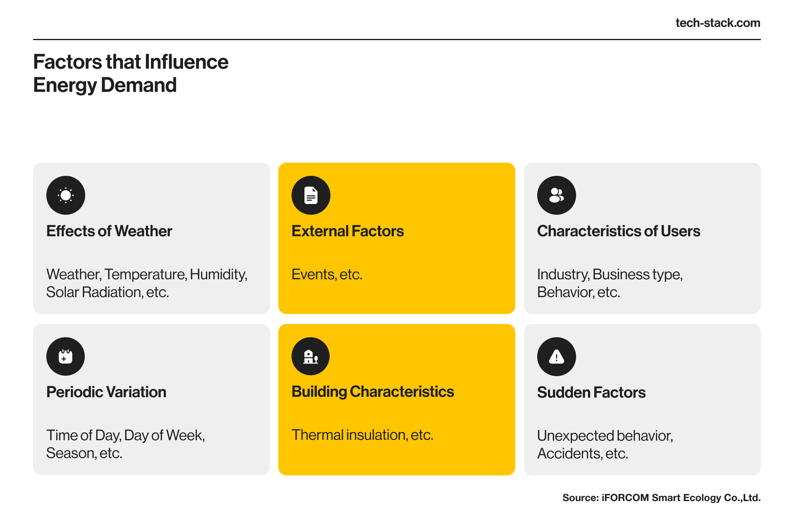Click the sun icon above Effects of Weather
coord(66,195)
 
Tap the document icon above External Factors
coord(311,195)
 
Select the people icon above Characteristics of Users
coord(557,195)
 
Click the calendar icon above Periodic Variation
coord(66,356)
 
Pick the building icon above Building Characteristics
coord(311,356)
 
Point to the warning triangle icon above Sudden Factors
coord(557,357)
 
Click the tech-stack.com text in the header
coord(718,23)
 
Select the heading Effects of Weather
coord(109,231)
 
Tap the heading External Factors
coord(348,231)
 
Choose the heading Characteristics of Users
coord(619,231)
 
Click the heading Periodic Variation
coord(106,392)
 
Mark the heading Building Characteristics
coord(373,392)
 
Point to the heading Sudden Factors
coord(591,392)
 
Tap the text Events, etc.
coord(327,274)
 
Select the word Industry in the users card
coord(563,275)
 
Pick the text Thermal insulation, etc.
coord(363,435)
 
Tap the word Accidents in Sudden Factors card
coord(569,453)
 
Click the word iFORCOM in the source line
coord(625,498)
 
